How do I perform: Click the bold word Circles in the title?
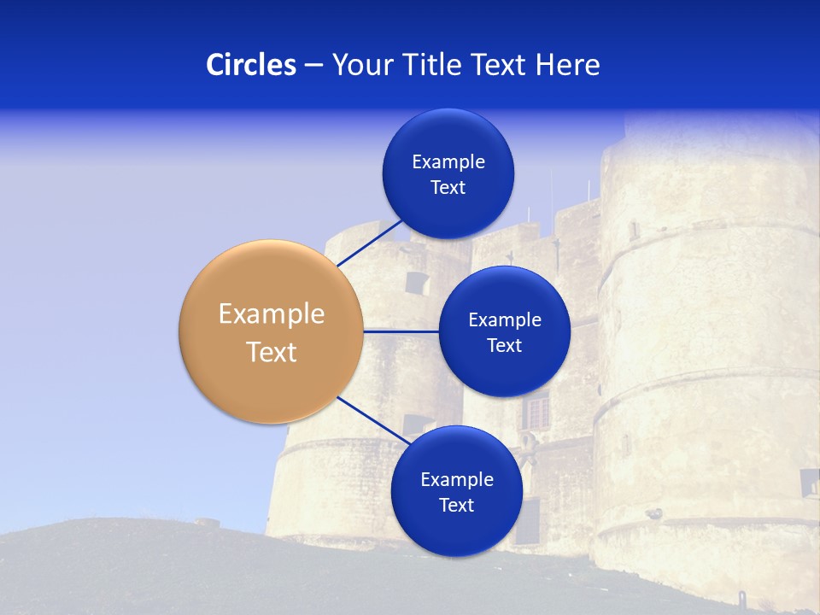click(x=250, y=65)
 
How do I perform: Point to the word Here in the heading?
click(x=569, y=65)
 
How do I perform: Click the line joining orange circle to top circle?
click(x=370, y=243)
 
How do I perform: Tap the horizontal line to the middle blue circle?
click(x=401, y=331)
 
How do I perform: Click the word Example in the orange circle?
click(x=272, y=314)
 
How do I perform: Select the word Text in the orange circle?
click(x=272, y=352)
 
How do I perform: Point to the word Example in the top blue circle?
click(x=448, y=161)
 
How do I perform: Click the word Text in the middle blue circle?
click(x=504, y=345)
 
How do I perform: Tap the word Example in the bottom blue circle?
click(x=457, y=479)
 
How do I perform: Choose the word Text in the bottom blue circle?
click(x=456, y=505)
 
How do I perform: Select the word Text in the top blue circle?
click(x=448, y=187)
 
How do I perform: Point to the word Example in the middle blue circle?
click(x=505, y=319)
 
